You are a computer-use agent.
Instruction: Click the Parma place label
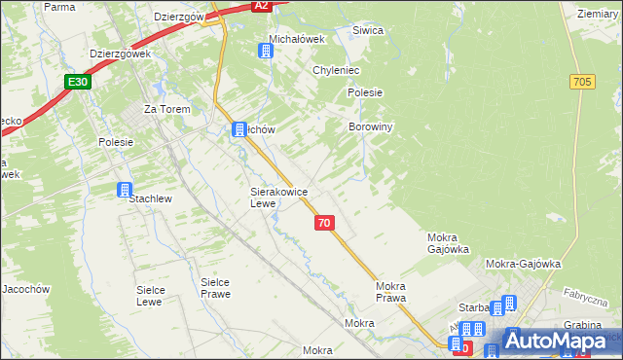60,6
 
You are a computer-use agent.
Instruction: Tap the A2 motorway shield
260,6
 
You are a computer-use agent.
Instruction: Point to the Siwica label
366,30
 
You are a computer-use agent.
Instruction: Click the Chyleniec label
337,70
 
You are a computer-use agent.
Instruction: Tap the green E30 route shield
79,82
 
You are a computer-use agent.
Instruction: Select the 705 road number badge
583,83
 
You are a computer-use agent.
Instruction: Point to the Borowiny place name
370,127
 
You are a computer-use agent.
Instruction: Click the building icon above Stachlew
125,190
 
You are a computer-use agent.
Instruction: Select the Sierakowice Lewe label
279,198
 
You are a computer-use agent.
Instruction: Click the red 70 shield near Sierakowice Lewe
325,223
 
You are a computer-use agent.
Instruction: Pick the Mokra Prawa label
390,292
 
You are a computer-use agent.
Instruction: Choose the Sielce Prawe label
215,288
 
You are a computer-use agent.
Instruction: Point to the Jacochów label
24,289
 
